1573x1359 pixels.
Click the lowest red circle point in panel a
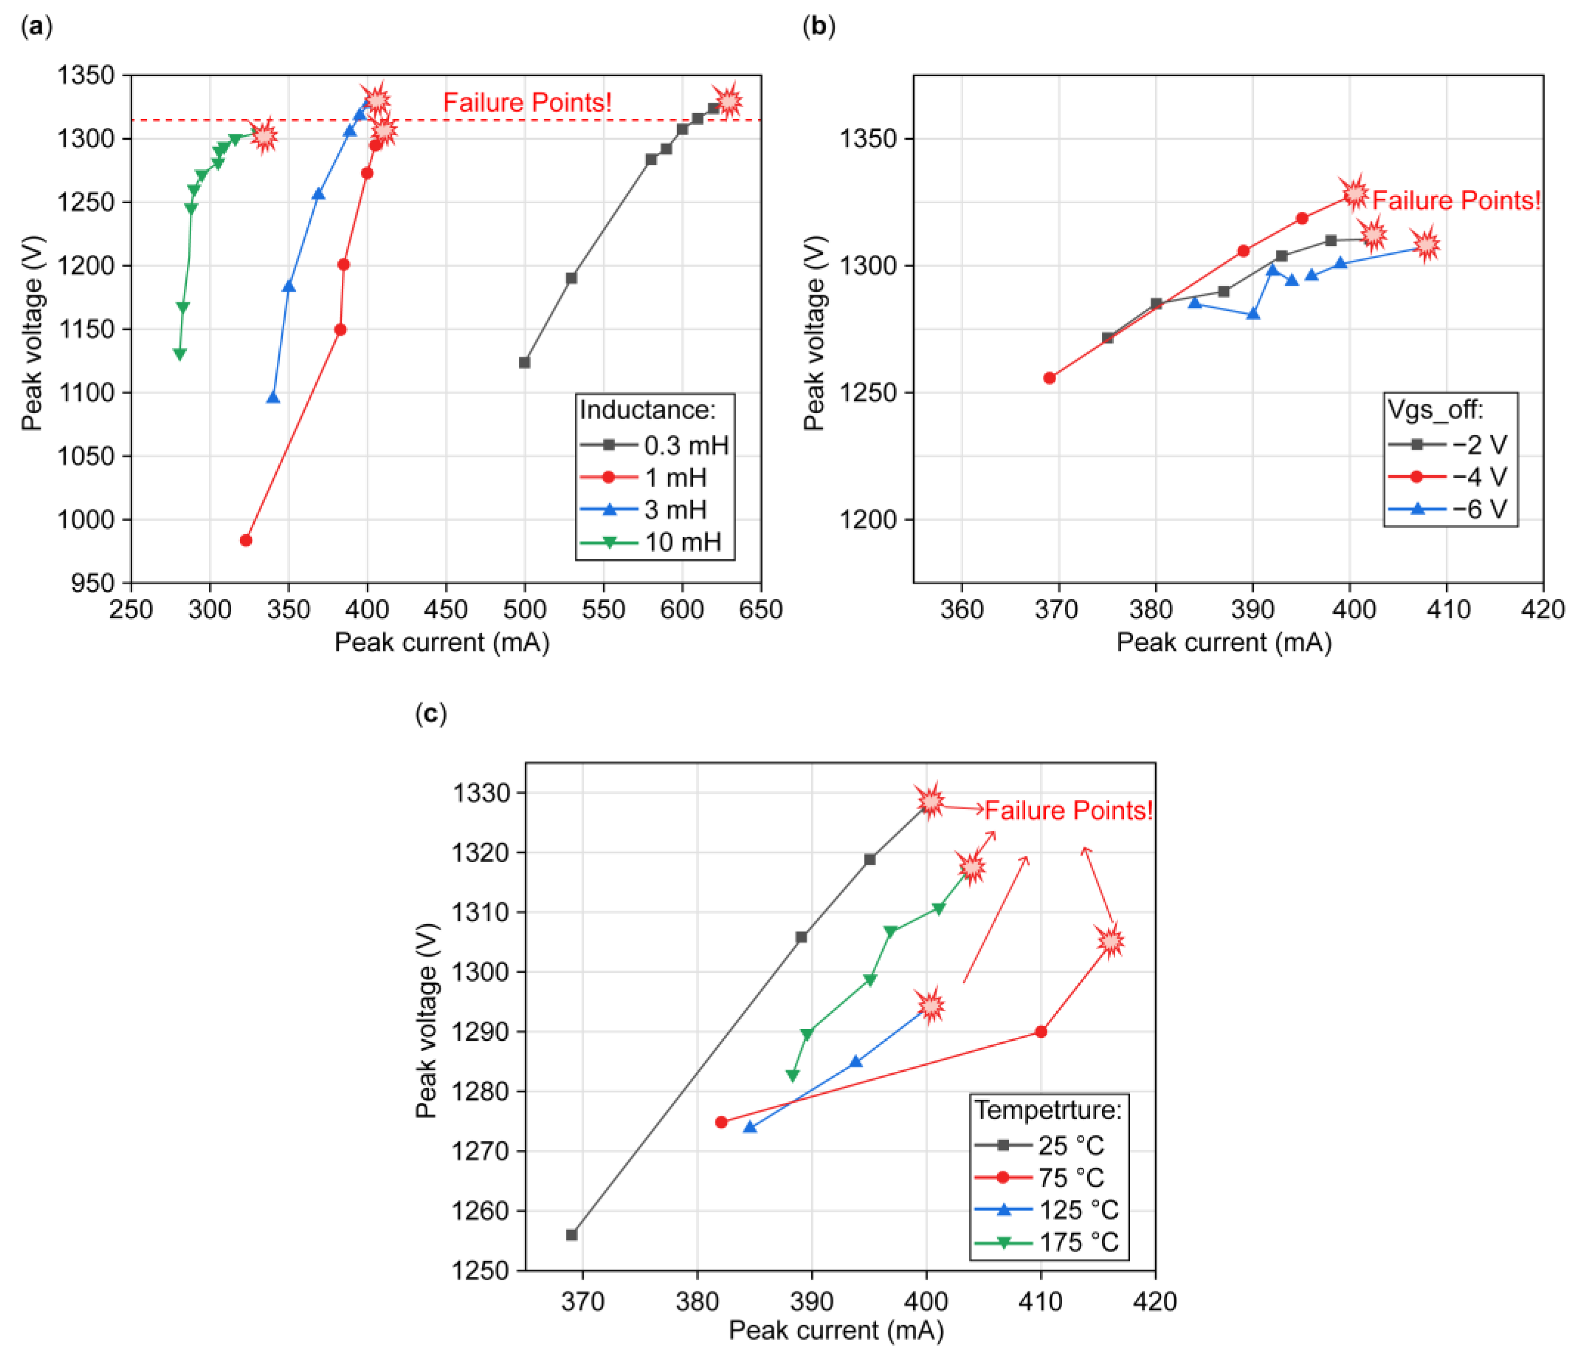(246, 541)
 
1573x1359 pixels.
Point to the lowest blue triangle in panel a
(273, 398)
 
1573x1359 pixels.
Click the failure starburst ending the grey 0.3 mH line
(729, 100)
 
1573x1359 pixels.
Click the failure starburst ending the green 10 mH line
(264, 137)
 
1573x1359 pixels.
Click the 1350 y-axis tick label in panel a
(86, 75)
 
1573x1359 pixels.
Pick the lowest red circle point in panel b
(1050, 378)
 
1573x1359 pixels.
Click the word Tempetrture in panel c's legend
(1048, 1110)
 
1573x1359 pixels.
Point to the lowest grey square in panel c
(572, 1235)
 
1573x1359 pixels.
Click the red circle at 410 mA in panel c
(1041, 1032)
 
